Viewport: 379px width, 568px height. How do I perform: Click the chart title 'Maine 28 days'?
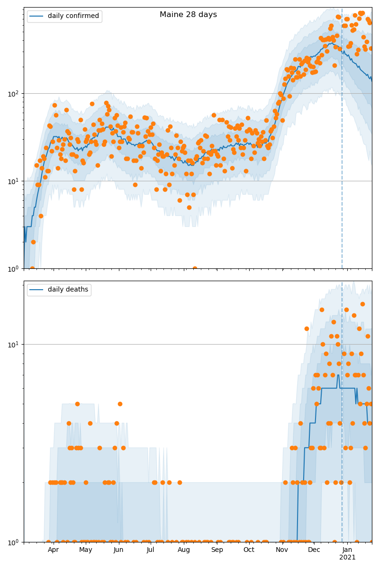point(188,15)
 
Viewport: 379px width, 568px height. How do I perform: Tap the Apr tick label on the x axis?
point(53,550)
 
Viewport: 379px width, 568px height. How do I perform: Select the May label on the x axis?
point(86,550)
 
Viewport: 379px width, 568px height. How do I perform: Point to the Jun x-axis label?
point(118,550)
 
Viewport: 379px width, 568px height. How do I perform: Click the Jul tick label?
point(151,550)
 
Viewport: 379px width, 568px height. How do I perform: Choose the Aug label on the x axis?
point(184,550)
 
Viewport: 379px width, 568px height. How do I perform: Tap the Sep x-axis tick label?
point(217,550)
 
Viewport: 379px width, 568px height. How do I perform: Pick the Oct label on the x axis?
point(249,550)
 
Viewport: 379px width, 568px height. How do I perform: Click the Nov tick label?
point(282,550)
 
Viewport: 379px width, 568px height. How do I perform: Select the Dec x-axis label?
point(314,550)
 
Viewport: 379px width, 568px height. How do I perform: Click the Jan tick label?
point(347,550)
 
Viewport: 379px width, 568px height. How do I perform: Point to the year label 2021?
point(347,558)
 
